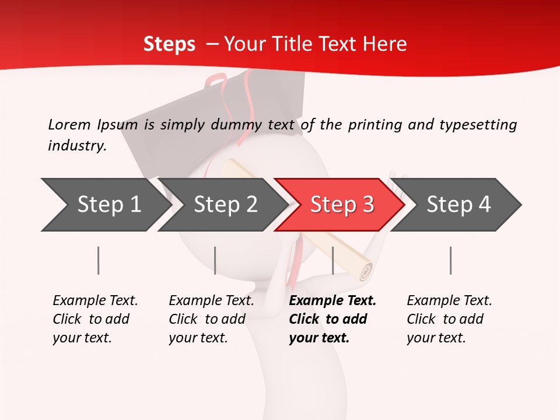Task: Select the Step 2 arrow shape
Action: pyautogui.click(x=225, y=204)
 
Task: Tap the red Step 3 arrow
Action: pyautogui.click(x=341, y=204)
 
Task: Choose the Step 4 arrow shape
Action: pyautogui.click(x=458, y=204)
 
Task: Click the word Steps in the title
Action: pyautogui.click(x=169, y=44)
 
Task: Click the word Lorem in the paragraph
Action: pyautogui.click(x=69, y=125)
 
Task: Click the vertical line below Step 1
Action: pyautogui.click(x=99, y=260)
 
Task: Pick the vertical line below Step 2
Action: pyautogui.click(x=215, y=260)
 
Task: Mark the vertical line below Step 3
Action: pyautogui.click(x=332, y=260)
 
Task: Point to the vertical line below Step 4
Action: pyautogui.click(x=450, y=260)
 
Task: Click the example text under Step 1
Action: pyautogui.click(x=95, y=319)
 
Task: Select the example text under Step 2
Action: pyautogui.click(x=211, y=319)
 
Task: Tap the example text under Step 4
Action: pyautogui.click(x=449, y=319)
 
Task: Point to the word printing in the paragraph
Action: pyautogui.click(x=372, y=125)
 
